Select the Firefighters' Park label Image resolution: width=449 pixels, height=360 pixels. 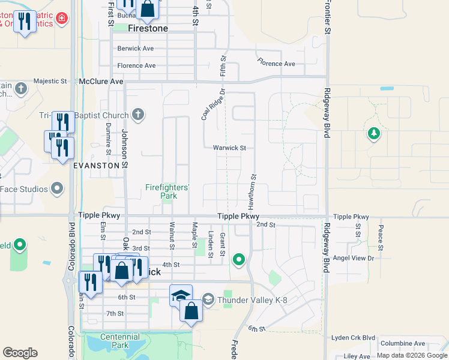(167, 191)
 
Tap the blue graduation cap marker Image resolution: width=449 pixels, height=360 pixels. (181, 295)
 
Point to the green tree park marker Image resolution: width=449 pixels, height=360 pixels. (375, 133)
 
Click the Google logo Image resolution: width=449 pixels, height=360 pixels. (20, 353)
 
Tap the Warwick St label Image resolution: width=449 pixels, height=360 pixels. (229, 148)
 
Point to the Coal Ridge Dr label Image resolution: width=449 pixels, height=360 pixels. (212, 104)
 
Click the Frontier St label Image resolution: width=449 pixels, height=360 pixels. (328, 17)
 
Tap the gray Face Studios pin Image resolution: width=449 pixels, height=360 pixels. (57, 189)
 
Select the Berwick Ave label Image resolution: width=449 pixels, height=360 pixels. (136, 49)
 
